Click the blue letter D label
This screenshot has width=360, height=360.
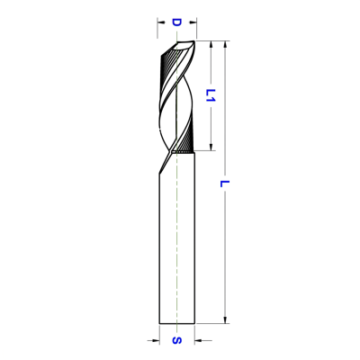pyautogui.click(x=176, y=22)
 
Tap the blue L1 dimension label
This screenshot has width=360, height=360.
pyautogui.click(x=211, y=95)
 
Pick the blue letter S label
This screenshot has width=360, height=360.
pyautogui.click(x=177, y=340)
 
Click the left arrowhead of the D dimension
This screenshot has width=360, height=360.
pyautogui.click(x=161, y=22)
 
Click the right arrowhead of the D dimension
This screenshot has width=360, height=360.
pyautogui.click(x=193, y=22)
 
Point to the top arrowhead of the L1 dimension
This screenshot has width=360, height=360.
pyautogui.click(x=211, y=44)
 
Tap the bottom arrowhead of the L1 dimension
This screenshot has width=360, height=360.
pyautogui.click(x=211, y=147)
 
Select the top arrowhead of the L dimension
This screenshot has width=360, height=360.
pyautogui.click(x=226, y=44)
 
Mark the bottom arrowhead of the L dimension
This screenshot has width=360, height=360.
pyautogui.click(x=226, y=319)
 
